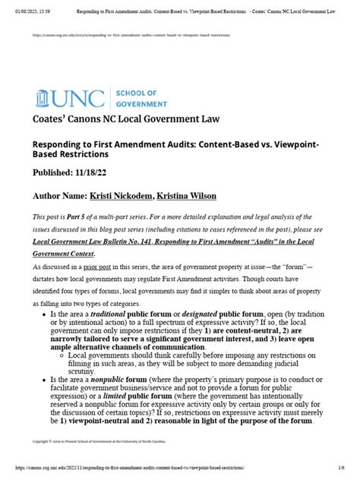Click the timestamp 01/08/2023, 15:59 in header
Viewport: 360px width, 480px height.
(x=27, y=6)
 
